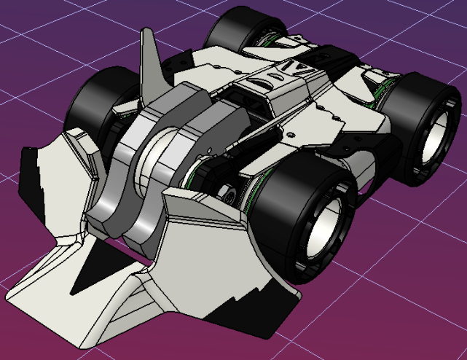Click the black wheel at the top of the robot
[233, 29]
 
